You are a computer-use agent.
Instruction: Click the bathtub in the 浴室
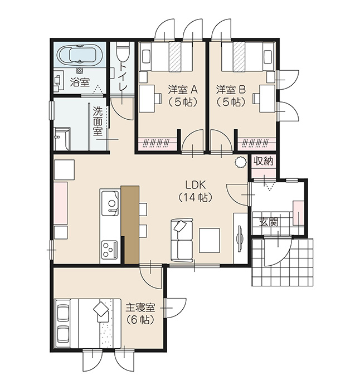[80, 55]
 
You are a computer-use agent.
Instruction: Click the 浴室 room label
[80, 82]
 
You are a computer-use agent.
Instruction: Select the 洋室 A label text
[183, 90]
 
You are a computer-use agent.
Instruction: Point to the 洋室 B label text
[231, 90]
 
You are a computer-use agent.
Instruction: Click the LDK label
[196, 185]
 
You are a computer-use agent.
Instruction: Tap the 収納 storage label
[264, 161]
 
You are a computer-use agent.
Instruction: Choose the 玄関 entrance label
[268, 222]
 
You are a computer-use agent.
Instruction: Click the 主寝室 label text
[140, 308]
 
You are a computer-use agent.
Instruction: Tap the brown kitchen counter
[130, 225]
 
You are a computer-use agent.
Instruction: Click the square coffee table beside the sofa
[210, 241]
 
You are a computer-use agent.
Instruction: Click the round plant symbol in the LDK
[240, 162]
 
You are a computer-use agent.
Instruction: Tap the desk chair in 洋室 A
[158, 98]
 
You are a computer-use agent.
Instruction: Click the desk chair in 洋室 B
[256, 98]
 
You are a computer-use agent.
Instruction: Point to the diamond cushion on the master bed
[101, 309]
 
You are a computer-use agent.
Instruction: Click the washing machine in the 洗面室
[62, 139]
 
